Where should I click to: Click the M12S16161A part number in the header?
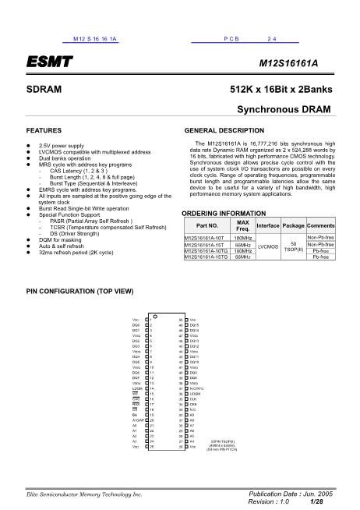point(302,61)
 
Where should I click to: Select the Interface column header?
point(267,225)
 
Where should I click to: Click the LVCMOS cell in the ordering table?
point(267,246)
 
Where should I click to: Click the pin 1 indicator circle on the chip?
point(157,315)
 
